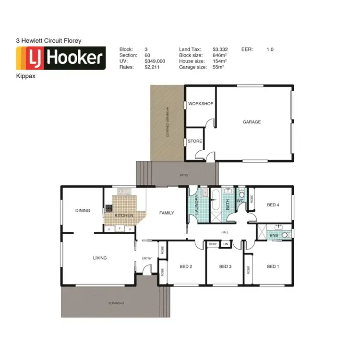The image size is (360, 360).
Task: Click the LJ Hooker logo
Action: coord(61,58)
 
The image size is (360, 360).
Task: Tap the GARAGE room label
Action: coord(252,122)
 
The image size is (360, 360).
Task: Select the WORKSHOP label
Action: coord(201,104)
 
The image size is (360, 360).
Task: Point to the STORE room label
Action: coord(195,141)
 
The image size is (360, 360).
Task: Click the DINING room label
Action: coord(83,210)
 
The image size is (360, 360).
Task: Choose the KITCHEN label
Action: coord(124,216)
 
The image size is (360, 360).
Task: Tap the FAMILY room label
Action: coord(167,213)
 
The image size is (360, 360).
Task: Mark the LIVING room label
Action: coord(100,258)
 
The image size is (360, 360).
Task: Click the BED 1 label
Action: coord(273,266)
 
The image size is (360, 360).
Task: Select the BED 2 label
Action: coord(186,266)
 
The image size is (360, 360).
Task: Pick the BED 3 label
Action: coord(225,266)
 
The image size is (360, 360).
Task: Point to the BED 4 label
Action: coord(273,205)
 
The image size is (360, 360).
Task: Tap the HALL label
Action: coord(225,232)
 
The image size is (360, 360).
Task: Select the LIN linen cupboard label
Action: coord(225,244)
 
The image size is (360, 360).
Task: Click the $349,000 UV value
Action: coord(155,61)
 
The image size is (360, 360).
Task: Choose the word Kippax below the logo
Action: coord(25,75)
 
